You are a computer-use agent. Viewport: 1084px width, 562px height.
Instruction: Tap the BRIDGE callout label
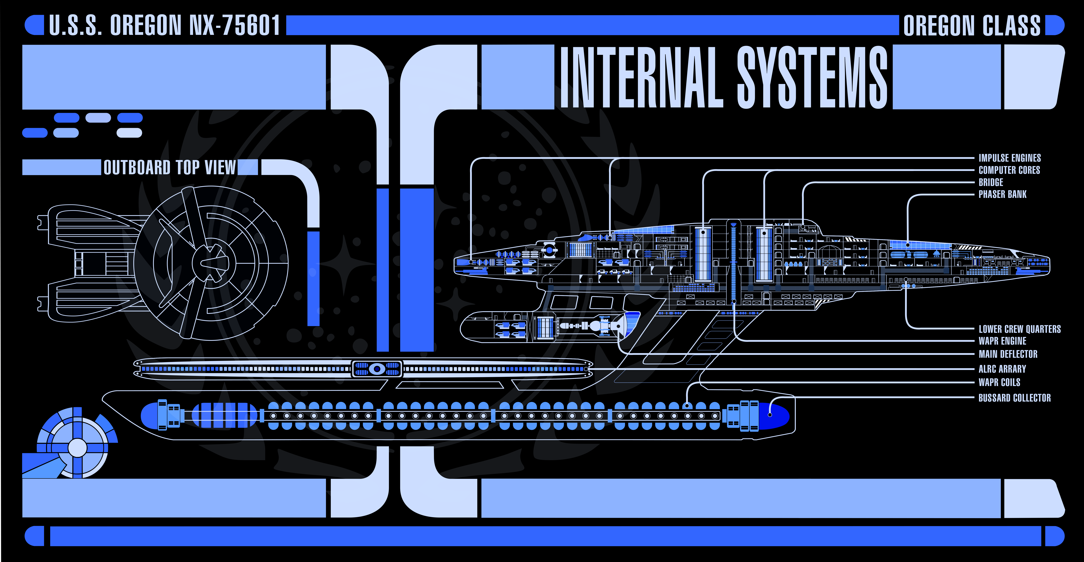click(x=991, y=182)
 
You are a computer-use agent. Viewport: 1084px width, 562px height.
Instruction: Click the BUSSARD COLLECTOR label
click(x=1014, y=398)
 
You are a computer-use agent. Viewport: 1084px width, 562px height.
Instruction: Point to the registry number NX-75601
click(x=234, y=25)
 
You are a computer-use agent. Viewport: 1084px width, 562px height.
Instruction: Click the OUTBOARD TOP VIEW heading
click(x=170, y=167)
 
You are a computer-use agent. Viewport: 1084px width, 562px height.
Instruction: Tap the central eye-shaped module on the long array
click(x=377, y=369)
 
